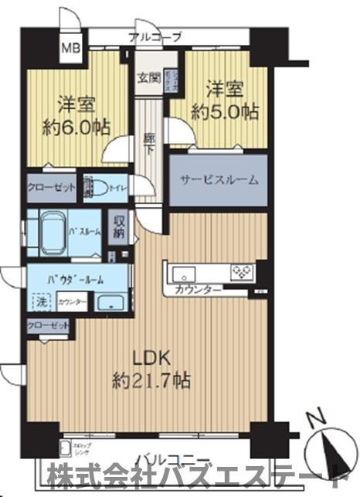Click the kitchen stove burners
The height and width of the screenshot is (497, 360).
coord(243,271)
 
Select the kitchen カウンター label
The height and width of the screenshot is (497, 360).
coord(199,290)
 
